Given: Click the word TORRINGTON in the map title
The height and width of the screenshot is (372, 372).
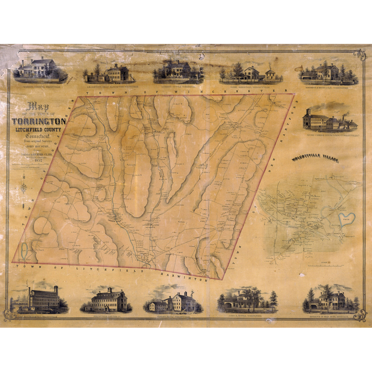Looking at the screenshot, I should click(x=39, y=122).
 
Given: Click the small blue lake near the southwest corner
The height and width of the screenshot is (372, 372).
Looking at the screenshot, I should click(x=24, y=251).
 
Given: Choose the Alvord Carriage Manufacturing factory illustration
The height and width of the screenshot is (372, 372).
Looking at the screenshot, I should click(x=329, y=121).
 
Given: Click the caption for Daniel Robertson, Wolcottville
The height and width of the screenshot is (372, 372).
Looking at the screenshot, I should click(x=251, y=87).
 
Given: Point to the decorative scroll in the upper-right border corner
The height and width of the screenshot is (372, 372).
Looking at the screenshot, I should click(x=359, y=55).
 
